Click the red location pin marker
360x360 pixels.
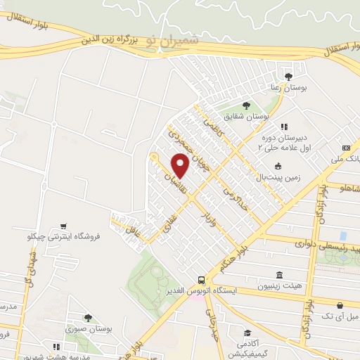tap(180, 166)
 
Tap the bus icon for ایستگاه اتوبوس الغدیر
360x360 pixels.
tap(202, 278)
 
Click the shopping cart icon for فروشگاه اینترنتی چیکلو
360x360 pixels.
tap(64, 226)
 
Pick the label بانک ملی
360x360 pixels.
tap(348, 159)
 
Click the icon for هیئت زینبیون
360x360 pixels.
tap(280, 275)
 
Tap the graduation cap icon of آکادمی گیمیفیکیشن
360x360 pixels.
tap(247, 333)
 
